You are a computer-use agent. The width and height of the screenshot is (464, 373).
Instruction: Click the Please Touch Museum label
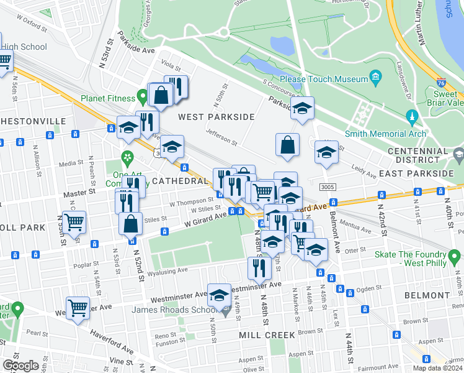click(324, 79)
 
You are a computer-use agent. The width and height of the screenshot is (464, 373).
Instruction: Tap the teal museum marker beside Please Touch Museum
click(376, 78)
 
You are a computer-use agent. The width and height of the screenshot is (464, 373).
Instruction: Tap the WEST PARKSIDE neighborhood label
click(216, 117)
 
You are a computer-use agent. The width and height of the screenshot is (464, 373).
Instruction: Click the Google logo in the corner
click(20, 366)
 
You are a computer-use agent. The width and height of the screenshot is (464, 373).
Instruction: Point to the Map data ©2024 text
click(439, 368)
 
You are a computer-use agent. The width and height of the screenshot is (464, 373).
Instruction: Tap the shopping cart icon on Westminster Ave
click(78, 307)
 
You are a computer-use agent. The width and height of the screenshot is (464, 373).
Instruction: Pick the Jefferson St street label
click(221, 141)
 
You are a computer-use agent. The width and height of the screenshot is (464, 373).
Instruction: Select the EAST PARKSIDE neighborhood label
click(422, 173)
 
